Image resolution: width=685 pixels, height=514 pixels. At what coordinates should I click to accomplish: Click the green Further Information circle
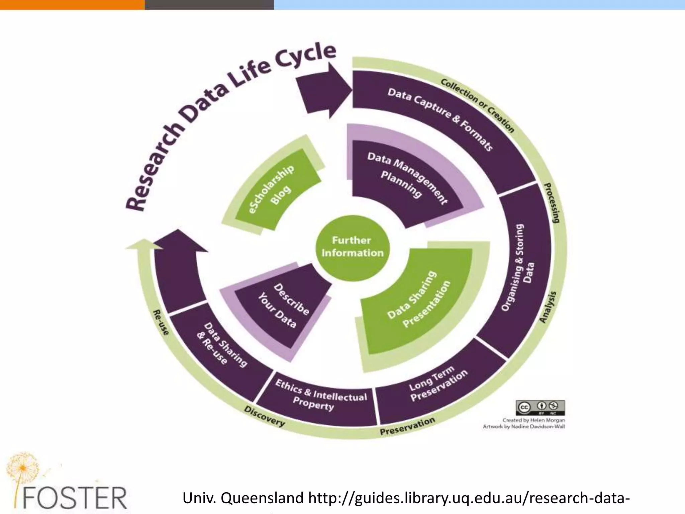[x=353, y=247]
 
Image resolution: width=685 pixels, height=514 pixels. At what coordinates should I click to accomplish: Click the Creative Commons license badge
[x=540, y=407]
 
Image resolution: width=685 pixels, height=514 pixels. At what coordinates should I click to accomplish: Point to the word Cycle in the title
[x=305, y=58]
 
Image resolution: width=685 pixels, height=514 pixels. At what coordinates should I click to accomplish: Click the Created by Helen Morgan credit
[x=533, y=420]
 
